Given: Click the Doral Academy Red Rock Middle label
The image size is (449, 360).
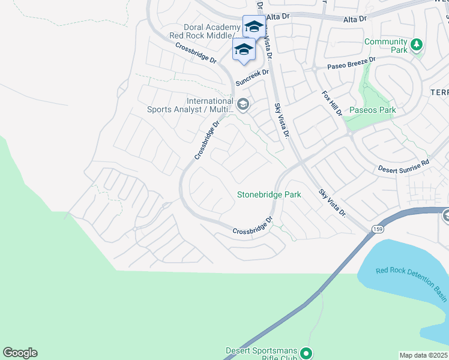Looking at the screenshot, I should pyautogui.click(x=204, y=32).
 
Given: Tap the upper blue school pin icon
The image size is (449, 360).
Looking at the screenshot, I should pyautogui.click(x=253, y=26).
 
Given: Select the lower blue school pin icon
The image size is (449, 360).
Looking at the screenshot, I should pyautogui.click(x=244, y=49).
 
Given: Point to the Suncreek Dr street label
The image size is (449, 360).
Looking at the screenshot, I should pyautogui.click(x=252, y=76).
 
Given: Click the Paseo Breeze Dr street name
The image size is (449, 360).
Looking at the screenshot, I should pyautogui.click(x=351, y=63).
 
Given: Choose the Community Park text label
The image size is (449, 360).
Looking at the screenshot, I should pyautogui.click(x=385, y=46).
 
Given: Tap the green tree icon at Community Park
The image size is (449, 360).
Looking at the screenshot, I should pyautogui.click(x=416, y=44).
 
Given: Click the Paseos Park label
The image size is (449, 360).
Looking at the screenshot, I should pyautogui.click(x=373, y=110).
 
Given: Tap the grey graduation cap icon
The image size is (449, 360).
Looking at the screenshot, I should pyautogui.click(x=243, y=105).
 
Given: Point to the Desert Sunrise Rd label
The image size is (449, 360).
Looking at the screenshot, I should pyautogui.click(x=403, y=166).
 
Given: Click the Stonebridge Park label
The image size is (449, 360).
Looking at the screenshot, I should pyautogui.click(x=269, y=194).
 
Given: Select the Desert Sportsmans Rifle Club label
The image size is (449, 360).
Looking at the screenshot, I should pyautogui.click(x=262, y=355).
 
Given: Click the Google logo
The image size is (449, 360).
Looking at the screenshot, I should pyautogui.click(x=20, y=353).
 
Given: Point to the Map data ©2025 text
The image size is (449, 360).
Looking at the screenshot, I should pyautogui.click(x=423, y=355).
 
